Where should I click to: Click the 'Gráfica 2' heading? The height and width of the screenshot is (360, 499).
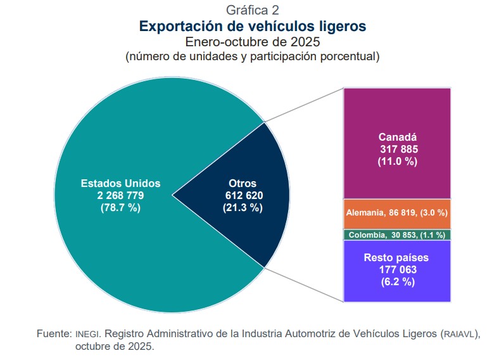(252, 10)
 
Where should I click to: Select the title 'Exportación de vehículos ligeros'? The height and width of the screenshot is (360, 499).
(252, 27)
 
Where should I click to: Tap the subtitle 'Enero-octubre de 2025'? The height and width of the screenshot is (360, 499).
(252, 42)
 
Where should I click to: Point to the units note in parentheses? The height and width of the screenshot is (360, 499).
(252, 57)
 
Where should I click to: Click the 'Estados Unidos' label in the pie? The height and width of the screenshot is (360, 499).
(120, 183)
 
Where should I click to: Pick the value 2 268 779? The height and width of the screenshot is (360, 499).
(120, 195)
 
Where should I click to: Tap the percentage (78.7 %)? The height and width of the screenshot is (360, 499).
(120, 207)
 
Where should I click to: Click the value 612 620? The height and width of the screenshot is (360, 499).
(243, 195)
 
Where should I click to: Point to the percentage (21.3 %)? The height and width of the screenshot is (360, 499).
(243, 207)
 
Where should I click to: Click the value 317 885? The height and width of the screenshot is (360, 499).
(397, 149)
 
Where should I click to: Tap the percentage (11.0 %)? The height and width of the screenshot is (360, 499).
(397, 161)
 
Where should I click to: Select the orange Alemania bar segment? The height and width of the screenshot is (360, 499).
(397, 214)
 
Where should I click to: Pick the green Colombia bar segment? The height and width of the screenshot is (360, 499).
(397, 235)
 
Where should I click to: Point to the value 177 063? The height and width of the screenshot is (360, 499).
(397, 270)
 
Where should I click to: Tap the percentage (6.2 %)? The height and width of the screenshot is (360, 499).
(397, 282)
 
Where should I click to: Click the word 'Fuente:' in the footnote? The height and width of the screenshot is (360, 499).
(54, 333)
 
